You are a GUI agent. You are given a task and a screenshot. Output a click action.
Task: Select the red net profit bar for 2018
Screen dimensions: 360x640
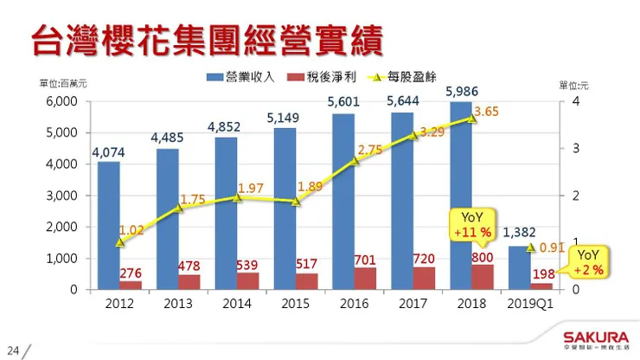[483, 277]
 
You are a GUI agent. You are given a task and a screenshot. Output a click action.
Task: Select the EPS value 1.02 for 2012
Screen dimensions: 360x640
[131, 230]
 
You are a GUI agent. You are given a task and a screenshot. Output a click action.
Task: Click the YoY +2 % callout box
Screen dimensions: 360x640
[588, 262]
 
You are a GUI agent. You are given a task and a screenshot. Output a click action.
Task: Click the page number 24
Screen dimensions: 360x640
[13, 350]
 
